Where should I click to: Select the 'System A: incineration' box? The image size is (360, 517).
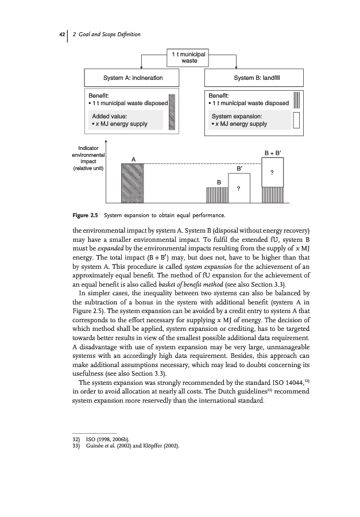[131, 77]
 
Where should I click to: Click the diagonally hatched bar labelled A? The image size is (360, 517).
[133, 183]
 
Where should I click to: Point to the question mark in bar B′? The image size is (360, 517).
[238, 189]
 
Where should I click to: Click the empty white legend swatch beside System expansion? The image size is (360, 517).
[297, 120]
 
